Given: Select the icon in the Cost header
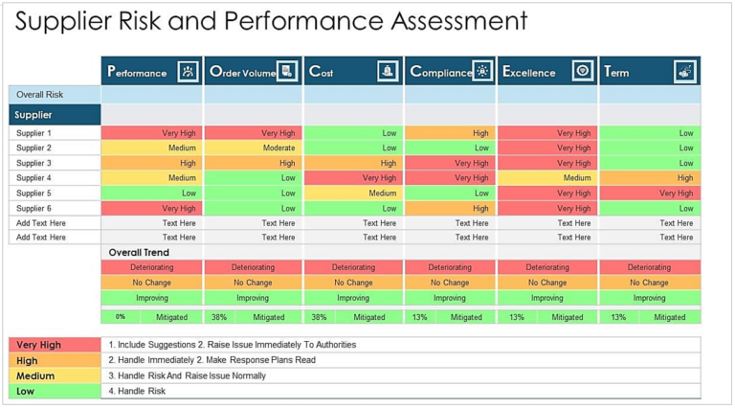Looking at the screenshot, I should [386, 71].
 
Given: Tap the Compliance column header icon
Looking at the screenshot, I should [481, 71].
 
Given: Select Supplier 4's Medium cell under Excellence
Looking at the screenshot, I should [547, 177].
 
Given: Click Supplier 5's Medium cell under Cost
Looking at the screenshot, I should [353, 193].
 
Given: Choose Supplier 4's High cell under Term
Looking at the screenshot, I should [650, 177].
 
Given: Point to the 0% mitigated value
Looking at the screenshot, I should [121, 317].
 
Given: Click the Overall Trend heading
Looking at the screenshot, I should [140, 252].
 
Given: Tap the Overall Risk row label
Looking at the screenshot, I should [55, 94].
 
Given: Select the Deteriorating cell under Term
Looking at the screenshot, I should [650, 267].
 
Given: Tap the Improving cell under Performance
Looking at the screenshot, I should [151, 297].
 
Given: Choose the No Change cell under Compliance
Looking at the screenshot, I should [450, 283].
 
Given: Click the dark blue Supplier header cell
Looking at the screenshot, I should [55, 115].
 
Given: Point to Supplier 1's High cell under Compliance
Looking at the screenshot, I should [450, 133].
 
